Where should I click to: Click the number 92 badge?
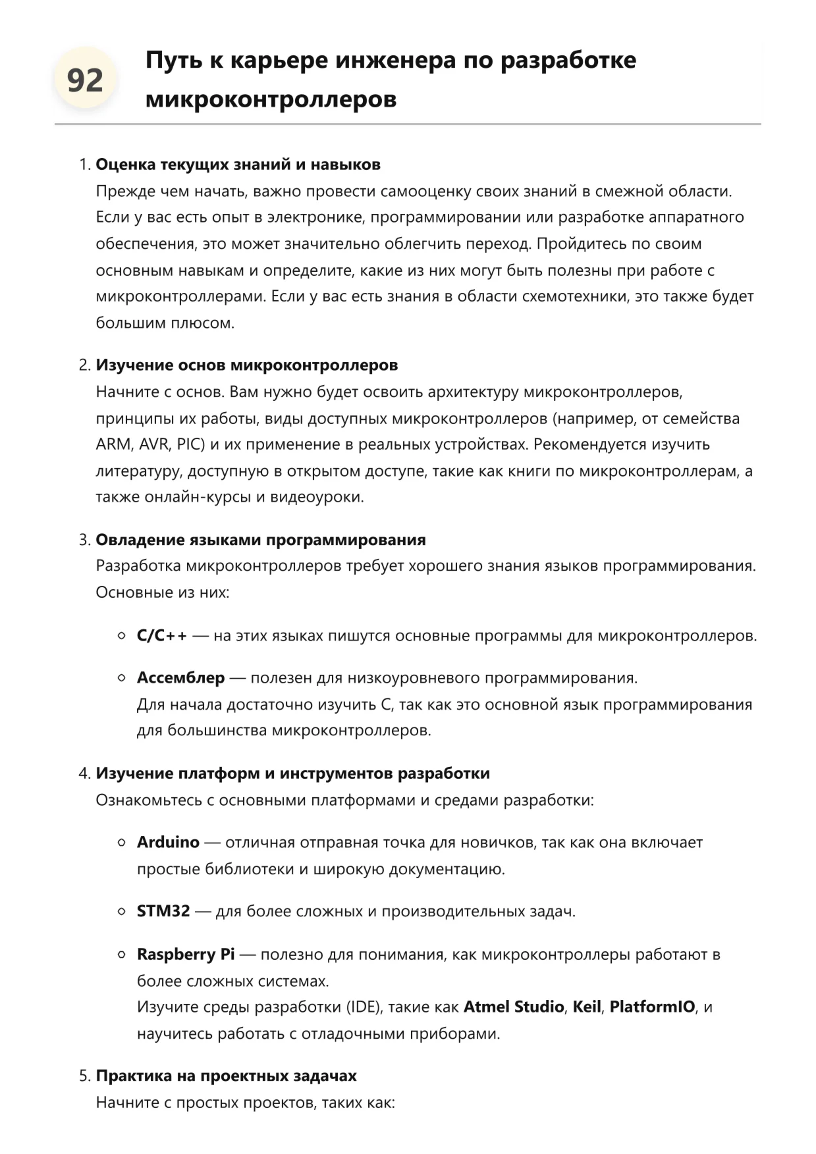click(85, 80)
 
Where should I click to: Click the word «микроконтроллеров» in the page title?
click(271, 99)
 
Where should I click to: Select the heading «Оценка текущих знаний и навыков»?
click(238, 165)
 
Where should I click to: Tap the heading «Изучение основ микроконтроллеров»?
click(246, 365)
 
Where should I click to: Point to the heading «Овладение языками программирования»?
click(260, 540)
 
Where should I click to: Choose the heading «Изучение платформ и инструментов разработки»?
click(292, 774)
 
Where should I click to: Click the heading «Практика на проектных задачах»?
click(226, 1076)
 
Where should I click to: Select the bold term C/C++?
click(161, 636)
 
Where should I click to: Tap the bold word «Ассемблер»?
click(180, 678)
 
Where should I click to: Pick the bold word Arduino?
click(168, 843)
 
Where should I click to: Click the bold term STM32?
click(163, 912)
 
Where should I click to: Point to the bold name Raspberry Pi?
click(186, 955)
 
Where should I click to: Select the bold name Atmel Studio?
click(514, 1007)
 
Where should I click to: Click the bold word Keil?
click(587, 1007)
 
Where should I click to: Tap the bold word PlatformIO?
click(652, 1007)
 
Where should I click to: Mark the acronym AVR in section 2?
click(153, 444)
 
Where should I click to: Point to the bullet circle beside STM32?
click(122, 912)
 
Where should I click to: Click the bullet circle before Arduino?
click(122, 843)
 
